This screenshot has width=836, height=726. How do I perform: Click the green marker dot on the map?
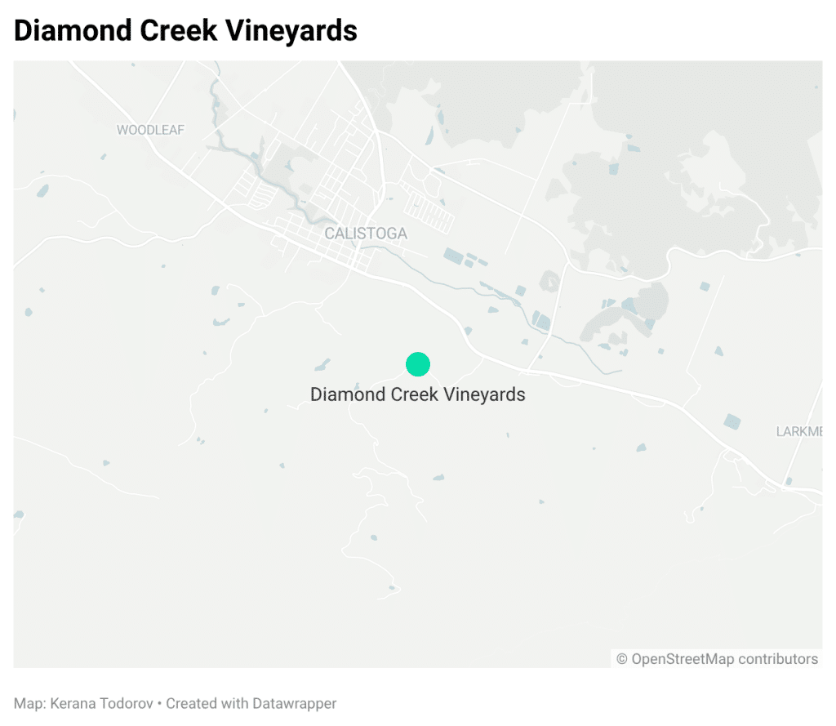pos(417,364)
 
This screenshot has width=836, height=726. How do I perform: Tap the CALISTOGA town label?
pos(366,234)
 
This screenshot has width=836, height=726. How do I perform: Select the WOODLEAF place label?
pos(151,130)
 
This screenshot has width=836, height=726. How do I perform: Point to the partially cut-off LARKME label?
pos(798,431)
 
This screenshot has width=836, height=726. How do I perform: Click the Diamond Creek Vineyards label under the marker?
pos(417,394)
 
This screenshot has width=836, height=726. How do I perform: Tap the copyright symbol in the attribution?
pos(622,659)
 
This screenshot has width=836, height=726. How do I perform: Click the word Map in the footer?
pos(26,703)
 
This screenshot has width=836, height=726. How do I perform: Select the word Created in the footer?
pos(190,703)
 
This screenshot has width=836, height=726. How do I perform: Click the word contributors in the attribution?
pos(777,659)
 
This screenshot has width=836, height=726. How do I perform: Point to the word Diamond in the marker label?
pos(341,394)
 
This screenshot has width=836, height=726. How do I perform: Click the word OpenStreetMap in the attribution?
pos(683,659)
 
